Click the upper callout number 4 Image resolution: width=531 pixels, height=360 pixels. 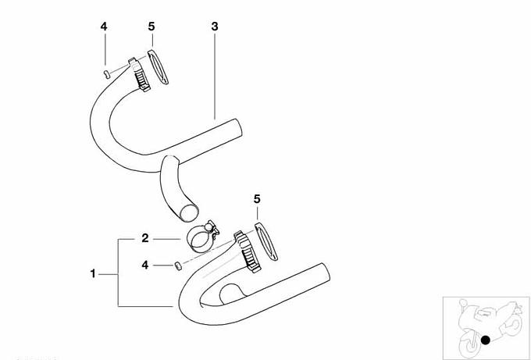[104, 27]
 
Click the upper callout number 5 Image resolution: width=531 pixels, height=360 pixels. [151, 27]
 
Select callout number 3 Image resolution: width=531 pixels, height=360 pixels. [215, 27]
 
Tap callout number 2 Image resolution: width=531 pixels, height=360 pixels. [145, 238]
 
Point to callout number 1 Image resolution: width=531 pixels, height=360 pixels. [93, 273]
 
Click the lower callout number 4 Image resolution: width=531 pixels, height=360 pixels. [145, 265]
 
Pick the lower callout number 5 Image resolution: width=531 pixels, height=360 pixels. [257, 199]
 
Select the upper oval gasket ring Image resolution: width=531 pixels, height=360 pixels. [158, 67]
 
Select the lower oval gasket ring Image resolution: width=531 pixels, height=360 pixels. [265, 241]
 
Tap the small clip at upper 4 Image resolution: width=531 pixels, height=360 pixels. [106, 74]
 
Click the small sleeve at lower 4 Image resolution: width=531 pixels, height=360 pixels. [178, 266]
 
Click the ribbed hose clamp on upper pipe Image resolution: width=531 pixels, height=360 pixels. [139, 74]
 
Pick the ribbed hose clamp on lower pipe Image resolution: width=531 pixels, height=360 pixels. [247, 251]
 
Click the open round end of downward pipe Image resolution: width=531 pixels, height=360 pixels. [189, 212]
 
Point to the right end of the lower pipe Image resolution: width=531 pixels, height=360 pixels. [325, 273]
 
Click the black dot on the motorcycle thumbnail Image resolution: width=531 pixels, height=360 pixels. [486, 340]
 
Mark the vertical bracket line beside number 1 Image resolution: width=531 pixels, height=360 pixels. [118, 273]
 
